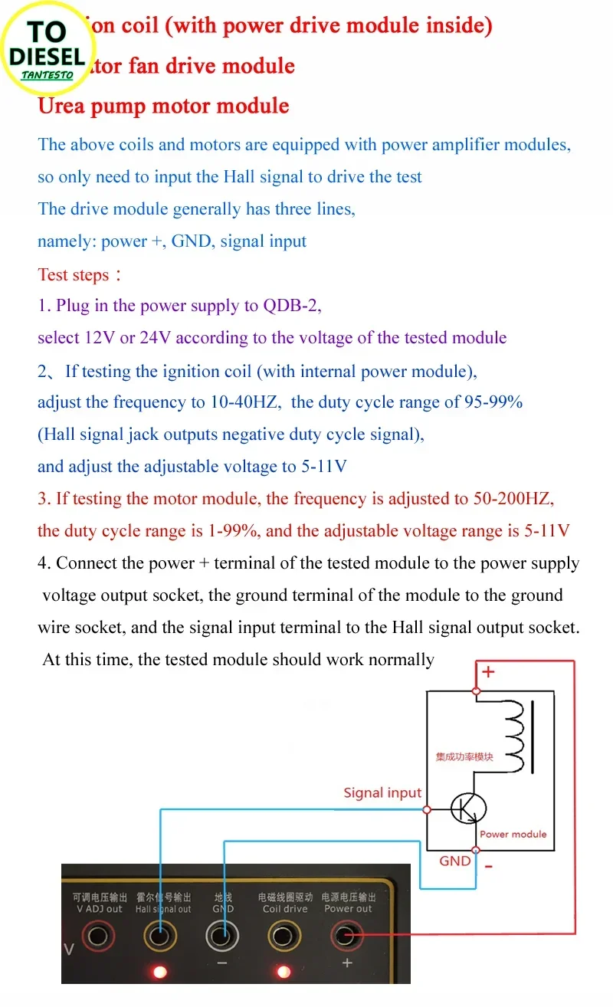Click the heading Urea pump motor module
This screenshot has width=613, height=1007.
(163, 106)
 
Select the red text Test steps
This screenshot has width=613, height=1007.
(74, 274)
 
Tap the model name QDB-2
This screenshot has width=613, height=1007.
(291, 306)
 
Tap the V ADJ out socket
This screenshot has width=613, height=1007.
(98, 936)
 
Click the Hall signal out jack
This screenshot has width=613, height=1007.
(160, 936)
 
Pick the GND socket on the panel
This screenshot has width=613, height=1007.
(222, 936)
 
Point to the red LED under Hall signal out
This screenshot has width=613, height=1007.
(160, 972)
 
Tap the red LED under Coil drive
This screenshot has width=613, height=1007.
(284, 972)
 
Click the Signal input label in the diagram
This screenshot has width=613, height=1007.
(382, 793)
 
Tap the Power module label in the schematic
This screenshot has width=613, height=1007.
(513, 834)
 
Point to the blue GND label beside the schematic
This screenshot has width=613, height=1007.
(455, 861)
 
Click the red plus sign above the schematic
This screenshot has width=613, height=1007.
(488, 672)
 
